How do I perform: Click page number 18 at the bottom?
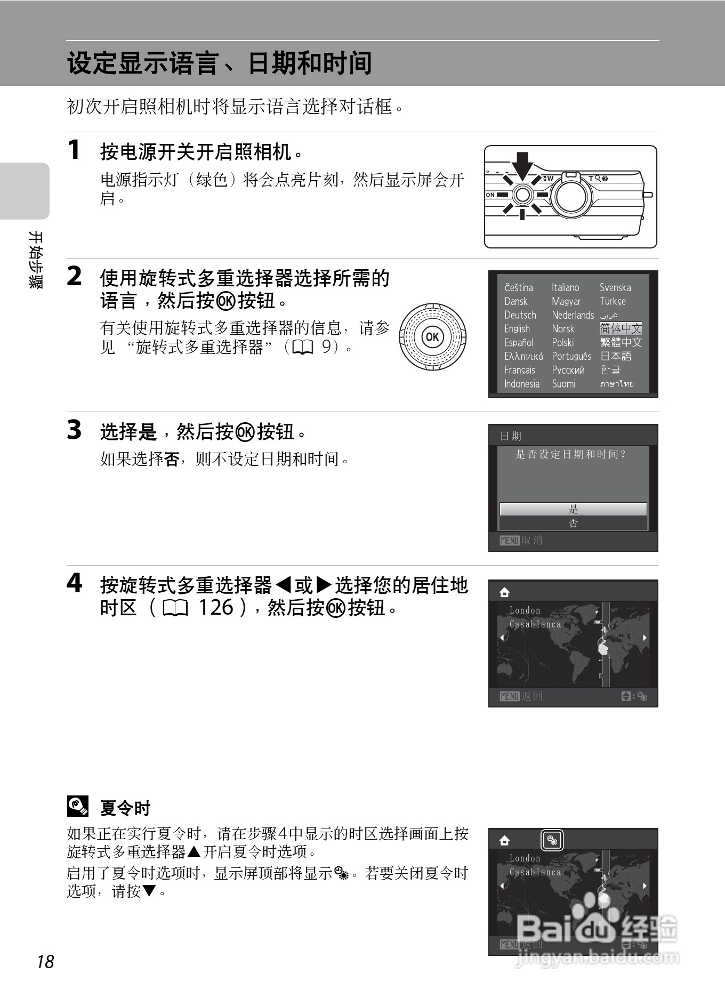(x=46, y=962)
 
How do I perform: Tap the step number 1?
(x=74, y=149)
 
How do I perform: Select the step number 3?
(x=74, y=430)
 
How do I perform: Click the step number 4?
(x=75, y=583)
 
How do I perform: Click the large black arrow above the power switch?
(x=522, y=166)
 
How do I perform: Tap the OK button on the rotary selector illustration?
(x=432, y=337)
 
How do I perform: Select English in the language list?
(x=517, y=329)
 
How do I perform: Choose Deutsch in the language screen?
(x=520, y=315)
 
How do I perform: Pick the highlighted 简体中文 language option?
(x=621, y=328)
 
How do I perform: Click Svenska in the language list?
(x=615, y=287)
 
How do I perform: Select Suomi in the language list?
(x=563, y=384)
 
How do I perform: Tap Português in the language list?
(x=571, y=356)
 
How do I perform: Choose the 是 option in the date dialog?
(x=573, y=509)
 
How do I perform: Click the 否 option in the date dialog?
(x=573, y=523)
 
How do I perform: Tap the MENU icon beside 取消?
(x=510, y=541)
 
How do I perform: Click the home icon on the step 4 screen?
(x=504, y=593)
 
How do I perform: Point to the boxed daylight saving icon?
(x=552, y=841)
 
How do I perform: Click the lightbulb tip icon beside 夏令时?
(x=77, y=806)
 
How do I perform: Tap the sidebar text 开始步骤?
(x=35, y=260)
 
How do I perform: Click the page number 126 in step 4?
(x=216, y=607)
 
